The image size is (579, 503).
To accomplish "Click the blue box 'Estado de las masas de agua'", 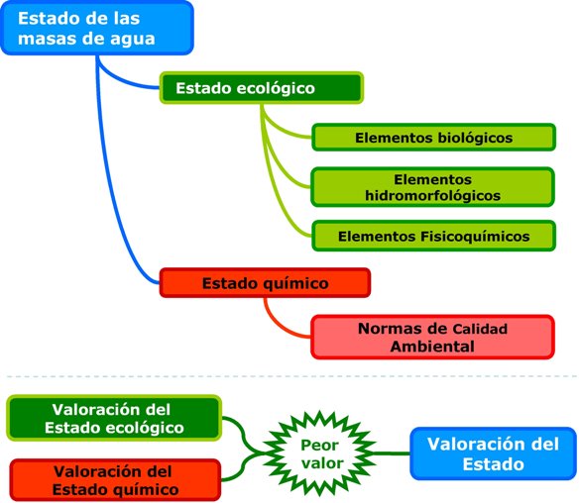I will [95, 28].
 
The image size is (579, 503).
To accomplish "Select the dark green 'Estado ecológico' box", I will [260, 88].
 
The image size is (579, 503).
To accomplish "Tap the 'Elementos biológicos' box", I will [433, 138].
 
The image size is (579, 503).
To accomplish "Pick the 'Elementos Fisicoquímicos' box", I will [433, 237].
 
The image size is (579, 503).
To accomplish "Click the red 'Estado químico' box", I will [265, 283].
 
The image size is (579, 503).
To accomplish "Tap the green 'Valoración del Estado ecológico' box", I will [112, 418].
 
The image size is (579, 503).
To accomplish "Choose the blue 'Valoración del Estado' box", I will [492, 453].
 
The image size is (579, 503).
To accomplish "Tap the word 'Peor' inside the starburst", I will [318, 445].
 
